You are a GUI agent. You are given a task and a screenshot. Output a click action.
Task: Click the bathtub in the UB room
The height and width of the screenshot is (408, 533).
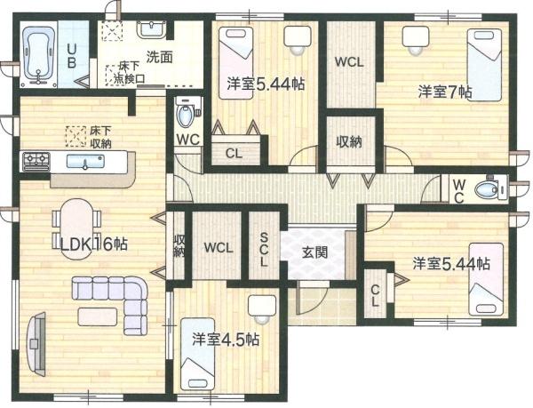(39, 54)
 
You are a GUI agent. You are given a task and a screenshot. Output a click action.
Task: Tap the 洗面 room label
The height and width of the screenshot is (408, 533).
(160, 57)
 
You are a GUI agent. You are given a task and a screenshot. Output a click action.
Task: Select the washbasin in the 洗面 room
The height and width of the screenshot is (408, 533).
(152, 28)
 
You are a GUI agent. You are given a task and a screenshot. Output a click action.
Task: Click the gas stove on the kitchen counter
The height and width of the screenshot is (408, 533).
(36, 161)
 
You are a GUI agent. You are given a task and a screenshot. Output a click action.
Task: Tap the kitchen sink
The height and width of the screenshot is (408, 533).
(85, 161)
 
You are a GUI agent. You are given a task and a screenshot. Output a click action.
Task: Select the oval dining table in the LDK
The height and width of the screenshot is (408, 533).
(77, 228)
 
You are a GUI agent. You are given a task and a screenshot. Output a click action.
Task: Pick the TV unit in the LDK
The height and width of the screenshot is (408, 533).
(36, 344)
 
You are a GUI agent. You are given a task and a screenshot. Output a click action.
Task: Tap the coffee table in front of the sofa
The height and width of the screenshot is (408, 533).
(98, 316)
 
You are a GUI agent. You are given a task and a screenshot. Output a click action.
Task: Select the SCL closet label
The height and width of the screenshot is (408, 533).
(264, 249)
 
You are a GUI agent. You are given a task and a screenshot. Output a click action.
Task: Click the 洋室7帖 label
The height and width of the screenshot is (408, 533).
(445, 92)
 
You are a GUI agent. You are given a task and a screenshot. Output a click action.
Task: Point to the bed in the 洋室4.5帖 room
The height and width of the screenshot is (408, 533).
(198, 354)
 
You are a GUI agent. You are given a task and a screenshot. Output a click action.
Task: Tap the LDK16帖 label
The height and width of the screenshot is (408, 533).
(94, 244)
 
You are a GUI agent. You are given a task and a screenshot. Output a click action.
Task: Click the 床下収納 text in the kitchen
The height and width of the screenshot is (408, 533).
(100, 137)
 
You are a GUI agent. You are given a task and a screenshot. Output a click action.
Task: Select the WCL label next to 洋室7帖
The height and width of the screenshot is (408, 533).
(349, 62)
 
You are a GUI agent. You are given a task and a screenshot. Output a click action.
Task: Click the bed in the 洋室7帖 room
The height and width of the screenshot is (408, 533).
(484, 65)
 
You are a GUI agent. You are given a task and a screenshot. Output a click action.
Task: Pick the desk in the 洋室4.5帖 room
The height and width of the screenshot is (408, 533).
(262, 305)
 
